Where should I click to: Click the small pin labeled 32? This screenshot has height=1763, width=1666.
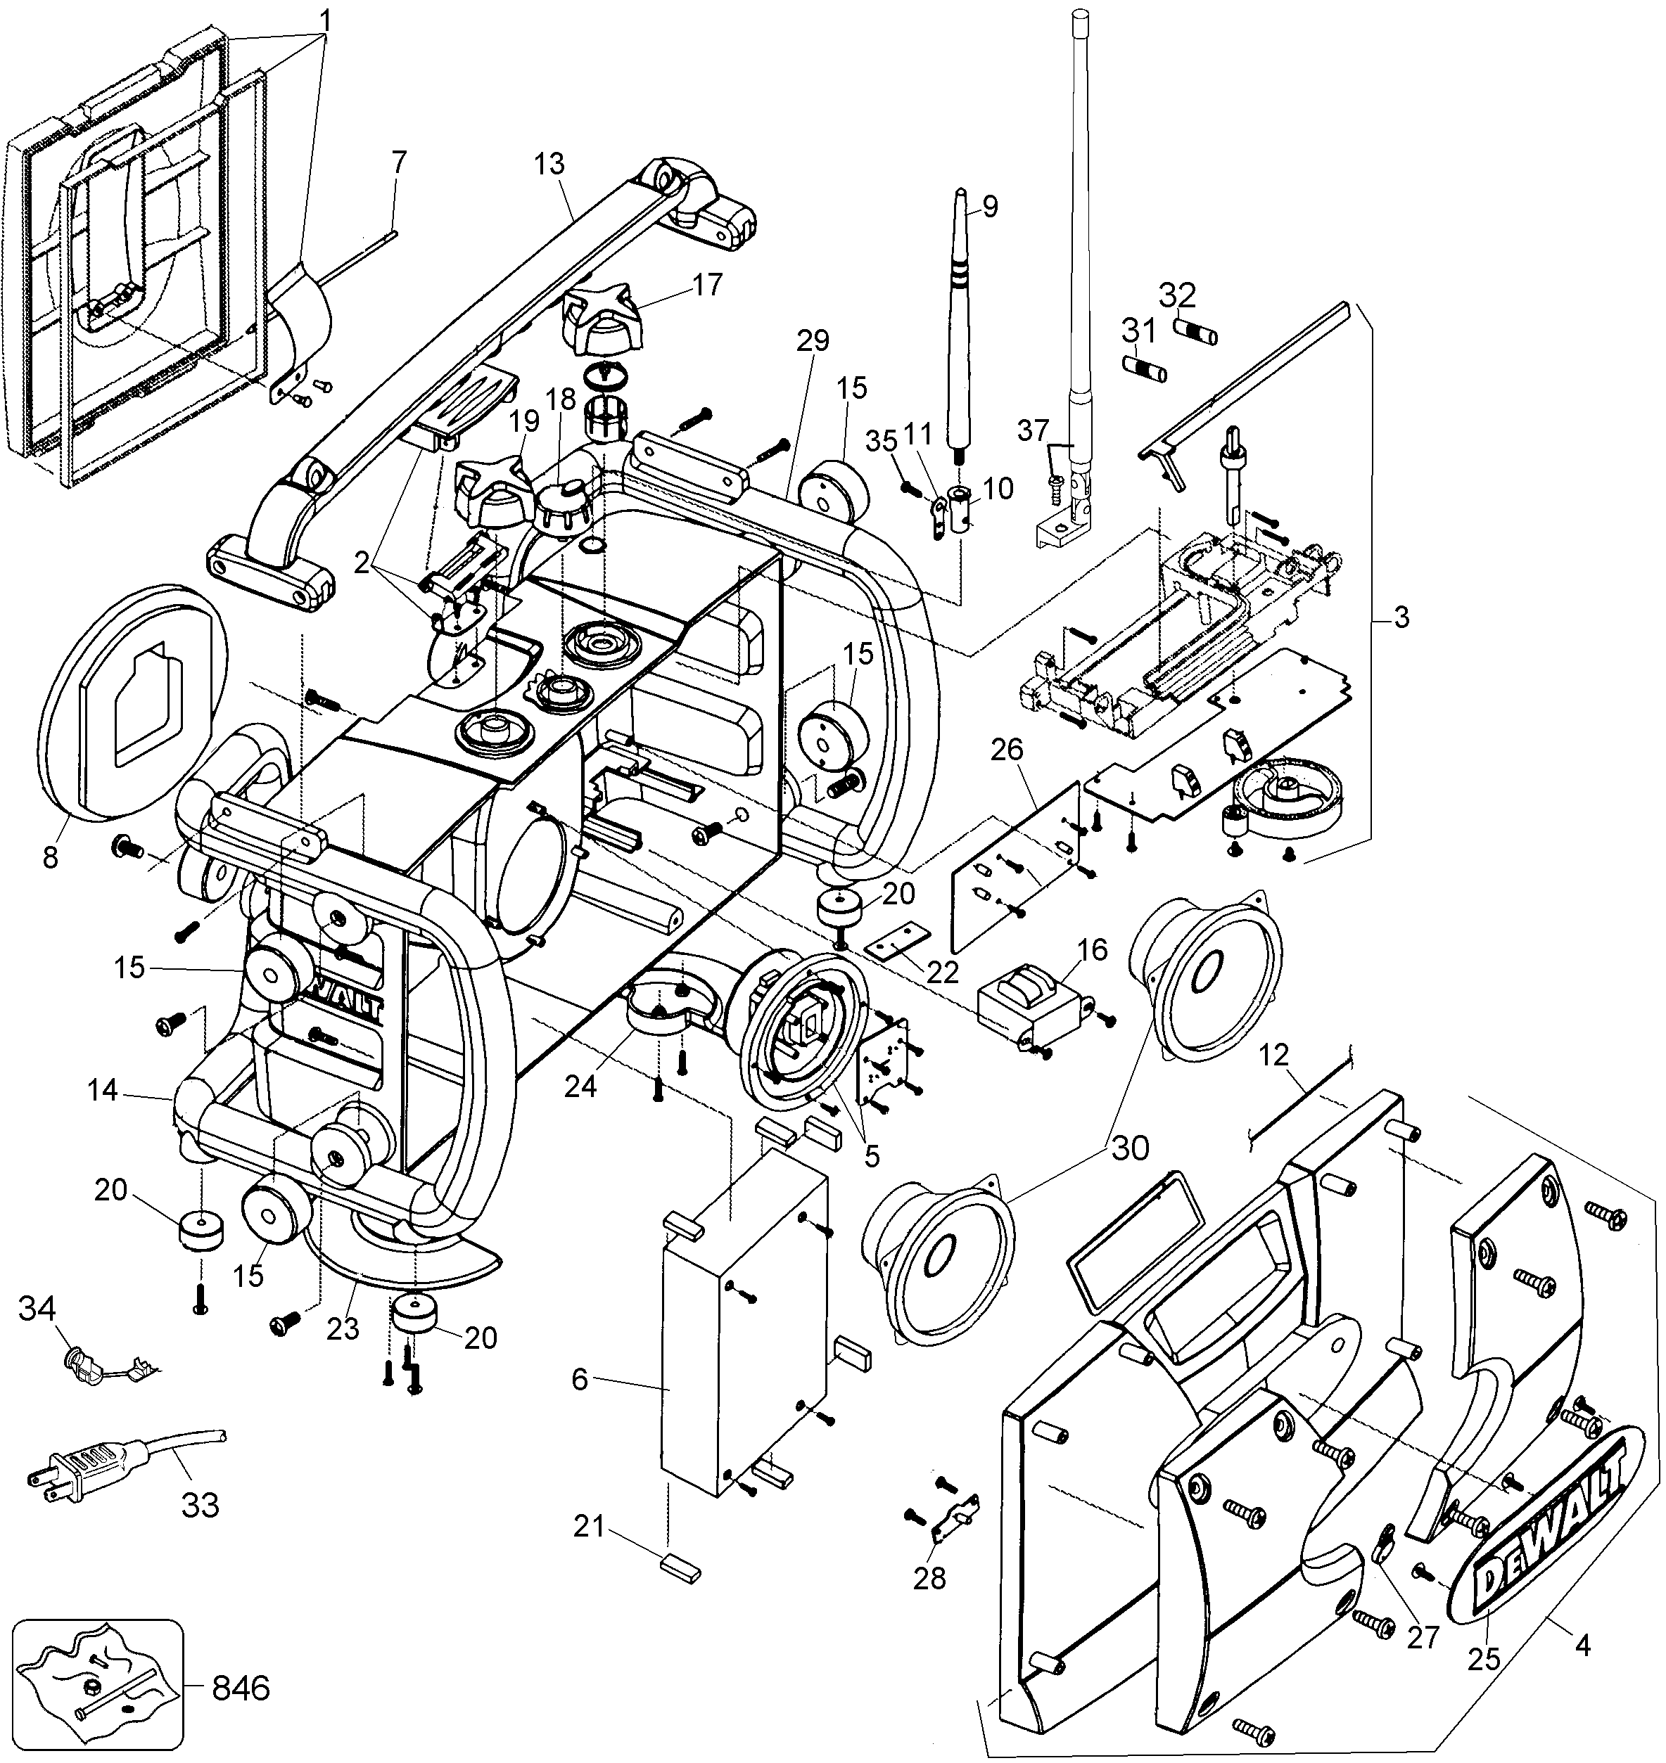(x=1195, y=331)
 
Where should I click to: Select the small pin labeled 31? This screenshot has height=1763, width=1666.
(x=1143, y=366)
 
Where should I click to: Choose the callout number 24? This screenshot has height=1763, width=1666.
(x=581, y=1086)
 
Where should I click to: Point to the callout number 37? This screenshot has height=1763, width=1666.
(x=1033, y=430)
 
